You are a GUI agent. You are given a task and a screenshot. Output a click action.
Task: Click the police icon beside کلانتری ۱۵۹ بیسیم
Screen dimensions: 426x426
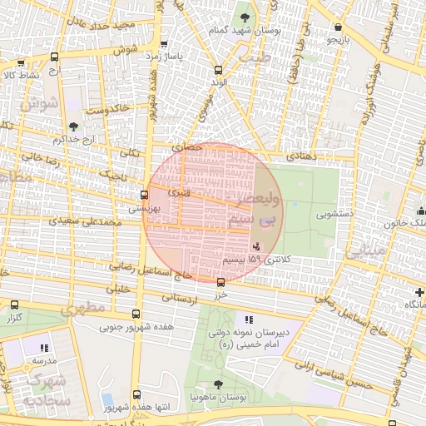click(x=255, y=247)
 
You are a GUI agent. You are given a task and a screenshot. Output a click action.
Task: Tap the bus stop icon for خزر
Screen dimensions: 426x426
click(x=220, y=282)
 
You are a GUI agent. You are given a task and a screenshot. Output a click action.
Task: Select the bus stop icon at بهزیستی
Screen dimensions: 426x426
click(x=145, y=196)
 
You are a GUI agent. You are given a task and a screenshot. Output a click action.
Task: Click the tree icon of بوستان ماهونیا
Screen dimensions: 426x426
click(x=218, y=384)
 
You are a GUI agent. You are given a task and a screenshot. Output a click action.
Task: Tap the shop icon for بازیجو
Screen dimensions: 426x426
click(x=337, y=27)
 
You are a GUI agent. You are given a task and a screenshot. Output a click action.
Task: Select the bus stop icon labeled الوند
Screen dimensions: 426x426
click(x=219, y=71)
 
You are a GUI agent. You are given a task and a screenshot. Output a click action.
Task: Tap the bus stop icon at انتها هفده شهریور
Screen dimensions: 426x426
click(x=137, y=394)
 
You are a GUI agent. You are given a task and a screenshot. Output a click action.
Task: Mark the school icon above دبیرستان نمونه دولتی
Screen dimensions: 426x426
click(x=248, y=319)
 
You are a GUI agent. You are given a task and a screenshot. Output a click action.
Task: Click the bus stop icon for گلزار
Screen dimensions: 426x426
click(x=15, y=305)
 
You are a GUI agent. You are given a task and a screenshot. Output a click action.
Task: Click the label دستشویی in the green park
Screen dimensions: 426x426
click(x=334, y=214)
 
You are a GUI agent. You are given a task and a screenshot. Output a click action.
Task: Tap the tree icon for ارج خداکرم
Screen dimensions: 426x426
click(x=73, y=126)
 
